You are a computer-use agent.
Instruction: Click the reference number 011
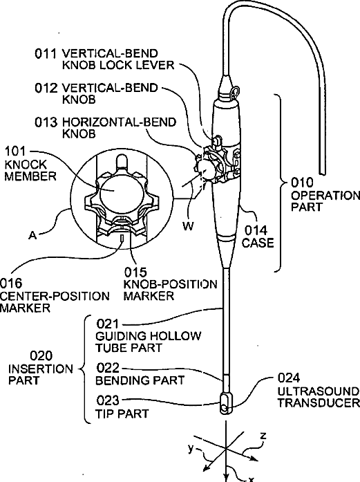point(46,53)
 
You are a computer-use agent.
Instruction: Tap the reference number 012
point(46,88)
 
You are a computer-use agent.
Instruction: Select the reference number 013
point(46,122)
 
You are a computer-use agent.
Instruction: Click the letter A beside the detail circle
point(32,235)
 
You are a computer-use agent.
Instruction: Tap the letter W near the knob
point(188,226)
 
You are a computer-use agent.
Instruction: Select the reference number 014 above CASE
point(256,230)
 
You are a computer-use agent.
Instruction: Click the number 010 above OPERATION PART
point(302,183)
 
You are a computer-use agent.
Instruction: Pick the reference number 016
point(11,283)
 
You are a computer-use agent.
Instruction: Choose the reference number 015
point(135,272)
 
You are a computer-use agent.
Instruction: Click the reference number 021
point(108,324)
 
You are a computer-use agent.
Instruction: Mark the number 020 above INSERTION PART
point(41,356)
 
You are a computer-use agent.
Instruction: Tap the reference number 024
point(289,378)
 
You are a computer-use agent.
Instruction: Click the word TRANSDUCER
point(319,403)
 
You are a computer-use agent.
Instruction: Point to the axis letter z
point(263,436)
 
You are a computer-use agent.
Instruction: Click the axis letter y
point(191,449)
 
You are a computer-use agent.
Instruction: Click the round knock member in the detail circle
point(113,189)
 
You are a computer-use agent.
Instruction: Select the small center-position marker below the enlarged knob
point(122,238)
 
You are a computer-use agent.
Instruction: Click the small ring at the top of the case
point(236,91)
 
